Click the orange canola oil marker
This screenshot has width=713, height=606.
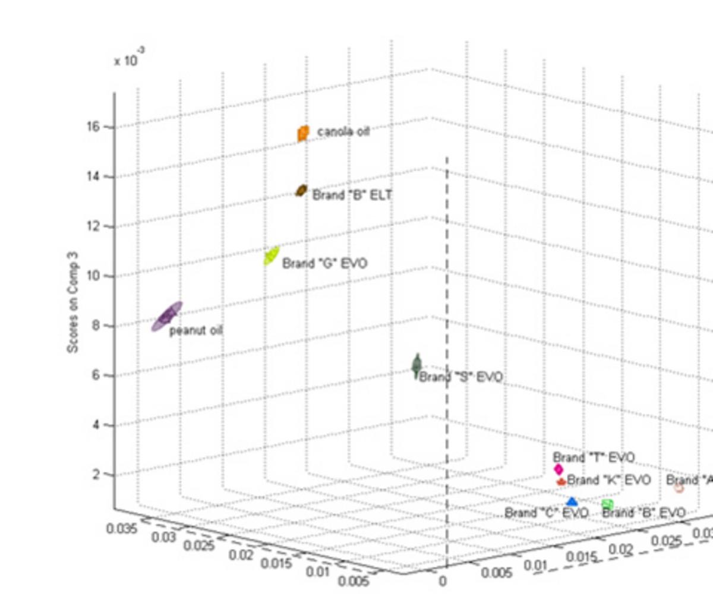click(303, 133)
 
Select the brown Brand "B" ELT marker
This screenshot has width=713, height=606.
click(301, 191)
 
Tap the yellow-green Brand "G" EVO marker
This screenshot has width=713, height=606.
click(272, 255)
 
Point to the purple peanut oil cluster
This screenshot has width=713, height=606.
click(167, 316)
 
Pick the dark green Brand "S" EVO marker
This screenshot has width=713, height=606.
click(417, 365)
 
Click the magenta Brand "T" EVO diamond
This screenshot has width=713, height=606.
click(559, 469)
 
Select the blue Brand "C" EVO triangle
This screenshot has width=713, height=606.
click(572, 502)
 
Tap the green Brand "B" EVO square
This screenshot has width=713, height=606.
click(607, 504)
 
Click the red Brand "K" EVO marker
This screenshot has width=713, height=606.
click(561, 481)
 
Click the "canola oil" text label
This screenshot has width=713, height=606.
click(343, 131)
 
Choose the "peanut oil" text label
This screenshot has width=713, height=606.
click(196, 330)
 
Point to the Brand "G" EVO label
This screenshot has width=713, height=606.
click(324, 263)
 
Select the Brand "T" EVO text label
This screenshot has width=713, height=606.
click(594, 457)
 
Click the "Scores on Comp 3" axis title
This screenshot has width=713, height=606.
click(72, 302)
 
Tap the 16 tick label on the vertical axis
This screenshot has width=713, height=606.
click(94, 127)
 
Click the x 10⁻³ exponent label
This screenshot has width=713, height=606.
click(128, 59)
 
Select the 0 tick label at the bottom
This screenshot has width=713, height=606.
click(442, 581)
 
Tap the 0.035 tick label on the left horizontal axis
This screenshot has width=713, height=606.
click(122, 528)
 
